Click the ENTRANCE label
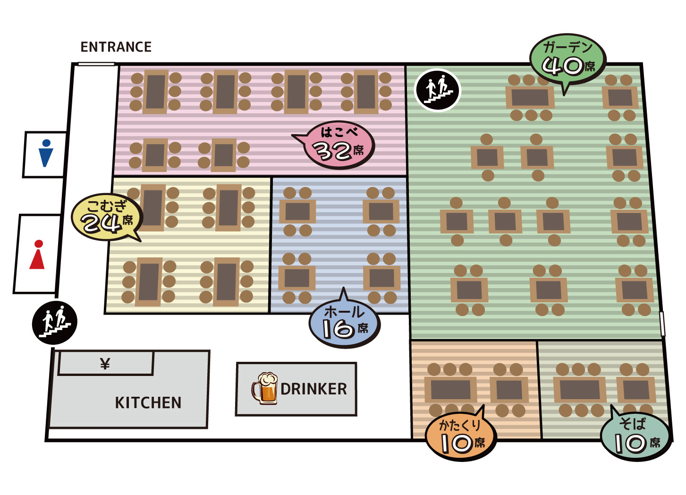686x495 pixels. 116,47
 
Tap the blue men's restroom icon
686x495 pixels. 46,153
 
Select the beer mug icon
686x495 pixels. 264,388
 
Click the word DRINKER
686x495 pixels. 313,389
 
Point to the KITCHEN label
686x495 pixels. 148,402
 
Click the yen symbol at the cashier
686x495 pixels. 105,364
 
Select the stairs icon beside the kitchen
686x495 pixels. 54,323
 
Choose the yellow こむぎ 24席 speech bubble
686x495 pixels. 107,217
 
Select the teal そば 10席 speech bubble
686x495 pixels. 635,436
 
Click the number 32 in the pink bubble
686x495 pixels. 332,151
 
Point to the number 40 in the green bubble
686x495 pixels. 562,67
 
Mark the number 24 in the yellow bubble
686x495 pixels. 101,223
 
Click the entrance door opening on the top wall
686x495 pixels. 96,64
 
